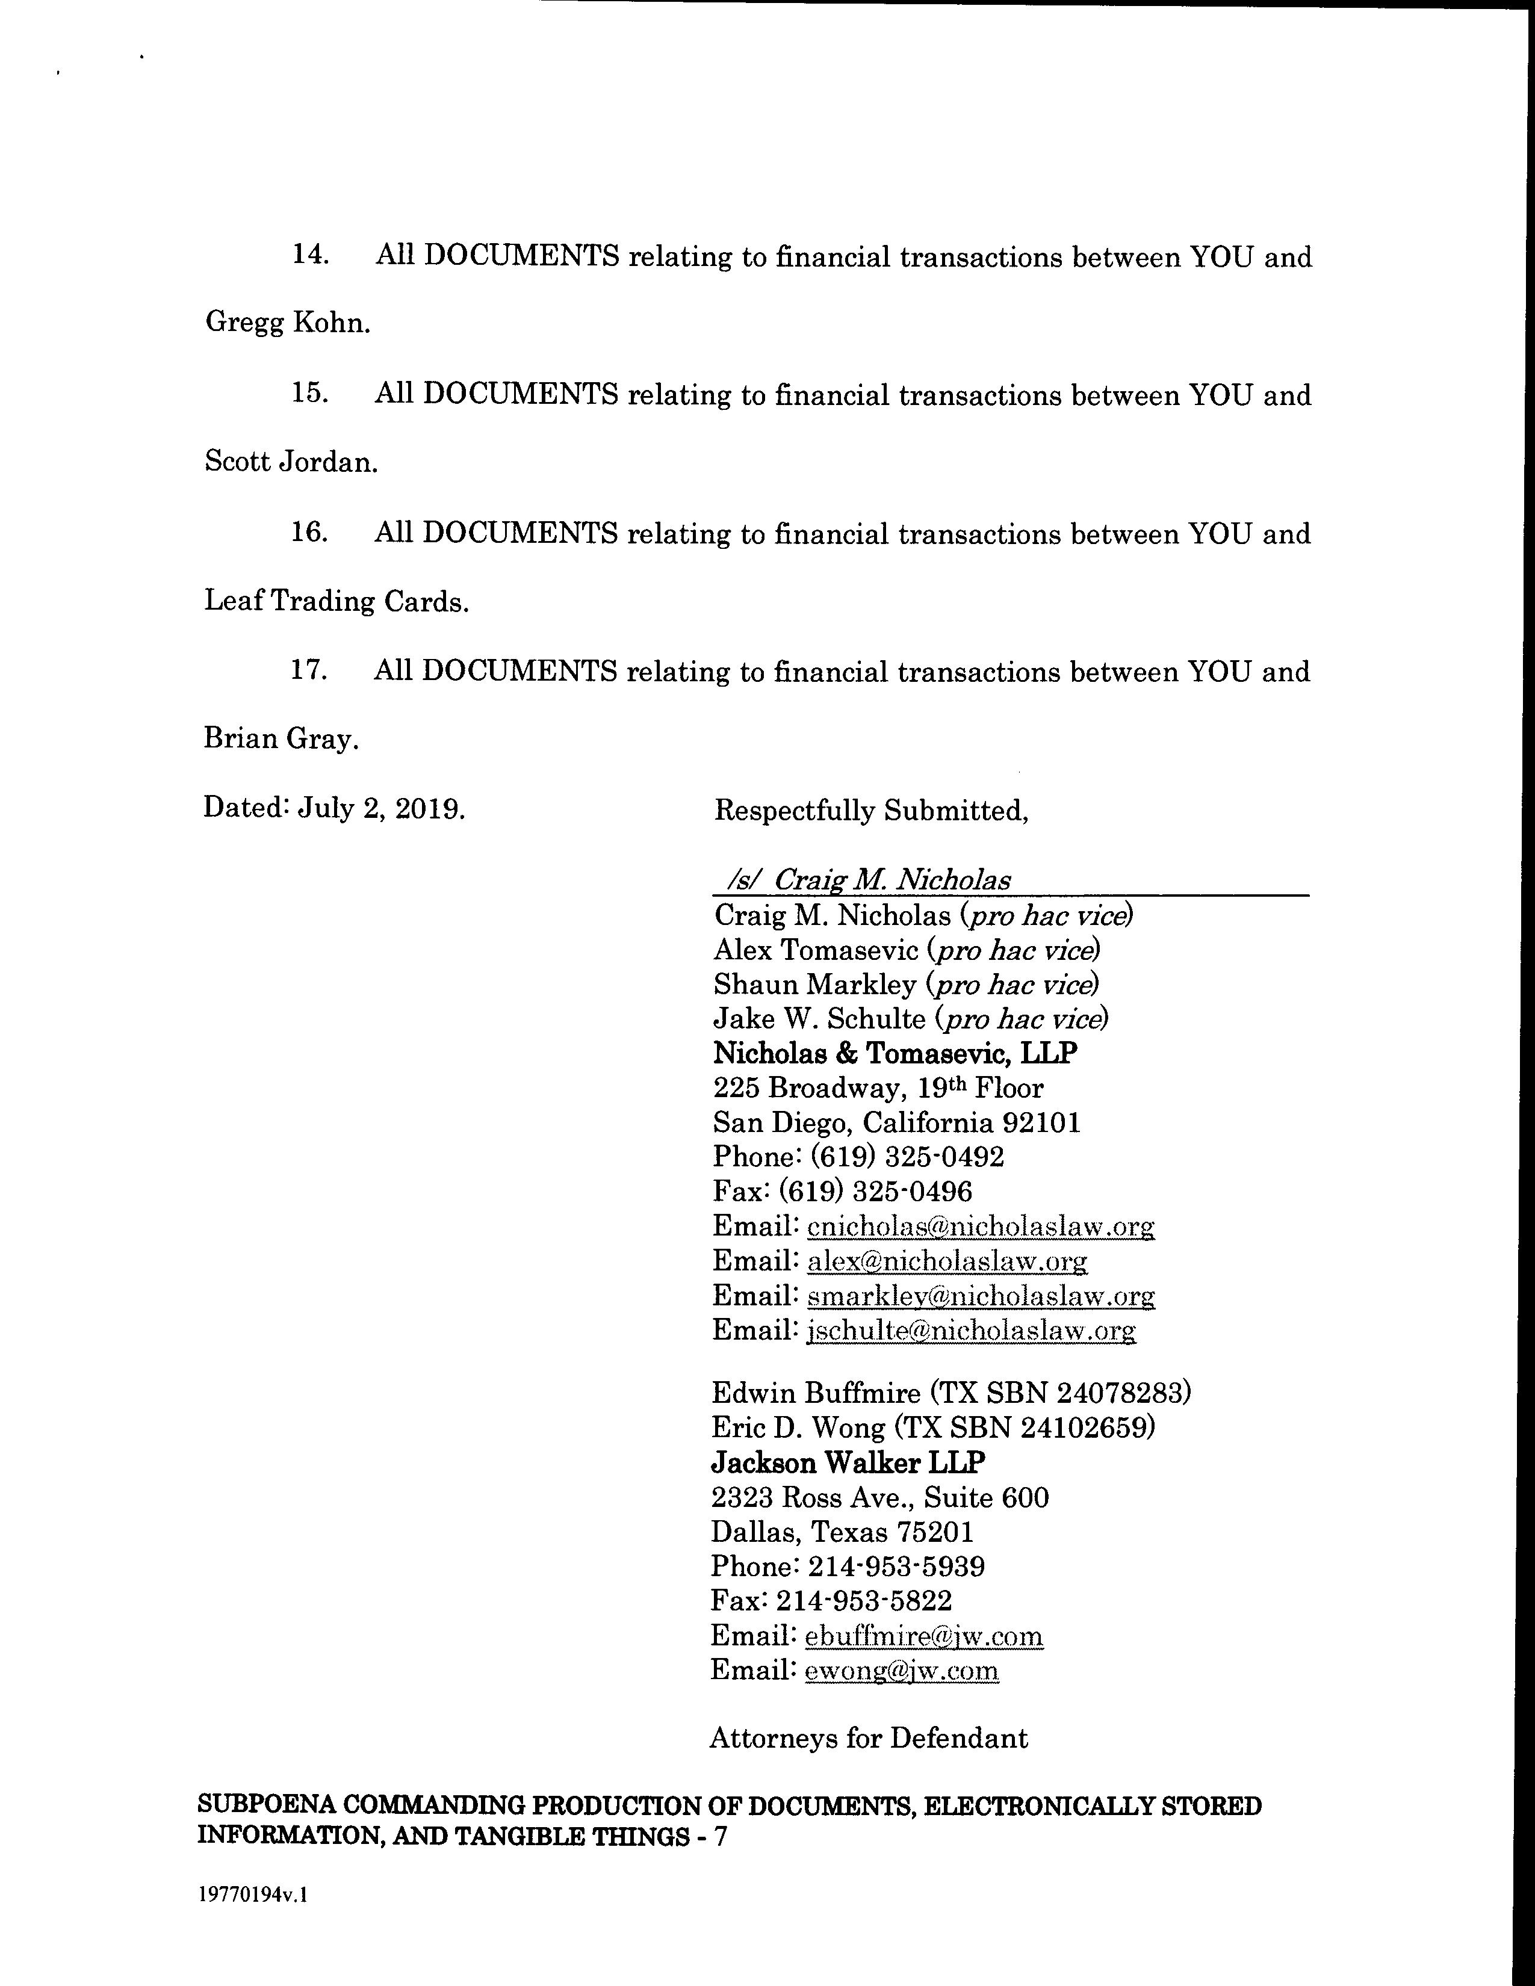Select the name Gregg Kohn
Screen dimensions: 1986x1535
(287, 323)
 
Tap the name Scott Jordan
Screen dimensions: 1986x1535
(290, 462)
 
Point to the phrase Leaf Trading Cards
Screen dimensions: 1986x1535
(335, 601)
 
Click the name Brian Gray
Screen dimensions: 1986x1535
(281, 738)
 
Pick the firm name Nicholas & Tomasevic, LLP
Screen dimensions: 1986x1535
(895, 1053)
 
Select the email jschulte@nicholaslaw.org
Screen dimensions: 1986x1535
(970, 1331)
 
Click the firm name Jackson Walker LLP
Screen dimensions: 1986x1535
(848, 1462)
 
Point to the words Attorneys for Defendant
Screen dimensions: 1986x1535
(869, 1738)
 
